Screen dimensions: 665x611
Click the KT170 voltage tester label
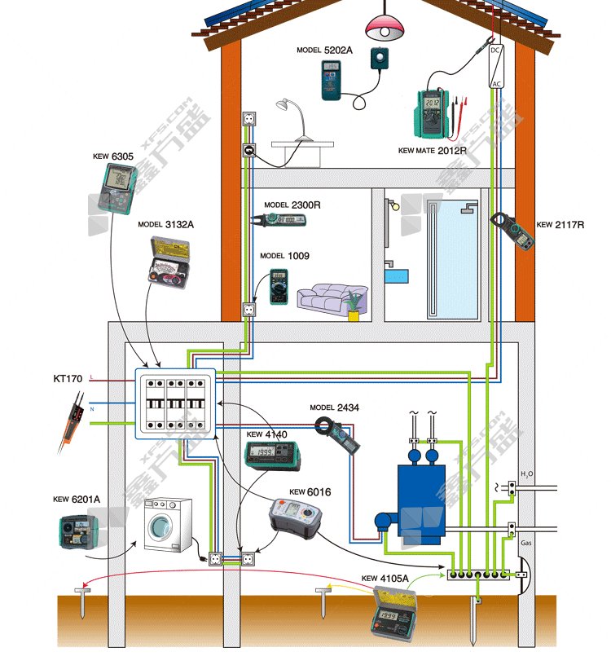click(68, 379)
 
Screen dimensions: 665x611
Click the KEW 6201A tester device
click(79, 531)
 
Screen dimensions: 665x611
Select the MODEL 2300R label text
click(292, 205)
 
